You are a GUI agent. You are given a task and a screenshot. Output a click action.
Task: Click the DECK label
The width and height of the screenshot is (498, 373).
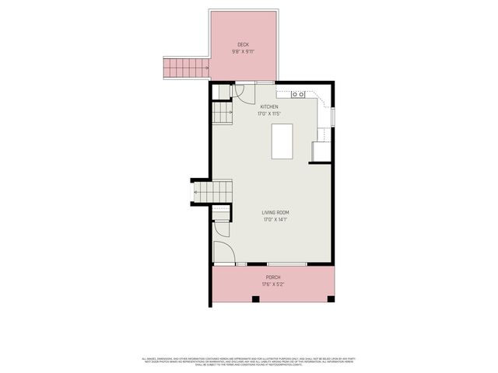click(243, 45)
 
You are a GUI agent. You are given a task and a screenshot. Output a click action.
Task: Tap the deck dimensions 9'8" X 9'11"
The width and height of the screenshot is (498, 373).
click(243, 52)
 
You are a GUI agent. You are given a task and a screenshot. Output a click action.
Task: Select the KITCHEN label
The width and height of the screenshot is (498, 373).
click(269, 107)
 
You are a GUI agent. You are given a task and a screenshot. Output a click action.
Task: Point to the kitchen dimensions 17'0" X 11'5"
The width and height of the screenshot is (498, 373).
click(269, 114)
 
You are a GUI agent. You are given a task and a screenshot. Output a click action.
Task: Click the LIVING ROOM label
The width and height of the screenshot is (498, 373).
click(275, 212)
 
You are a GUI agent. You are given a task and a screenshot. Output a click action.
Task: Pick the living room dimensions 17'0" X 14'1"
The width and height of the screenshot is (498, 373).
click(275, 219)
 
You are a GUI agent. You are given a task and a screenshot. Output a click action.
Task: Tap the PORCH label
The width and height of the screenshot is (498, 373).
click(273, 277)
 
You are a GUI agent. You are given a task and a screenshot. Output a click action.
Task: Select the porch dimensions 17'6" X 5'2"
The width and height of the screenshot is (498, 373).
click(273, 284)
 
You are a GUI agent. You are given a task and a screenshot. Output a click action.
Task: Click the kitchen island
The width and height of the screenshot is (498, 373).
click(282, 141)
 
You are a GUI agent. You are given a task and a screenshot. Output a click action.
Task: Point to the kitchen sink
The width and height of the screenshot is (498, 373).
click(299, 94)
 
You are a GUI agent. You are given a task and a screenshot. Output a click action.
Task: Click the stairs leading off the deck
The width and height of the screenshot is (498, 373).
click(185, 68)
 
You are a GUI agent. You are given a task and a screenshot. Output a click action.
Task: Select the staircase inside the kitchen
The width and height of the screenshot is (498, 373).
click(223, 115)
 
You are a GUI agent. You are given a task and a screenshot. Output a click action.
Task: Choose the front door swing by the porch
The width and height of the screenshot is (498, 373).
click(223, 252)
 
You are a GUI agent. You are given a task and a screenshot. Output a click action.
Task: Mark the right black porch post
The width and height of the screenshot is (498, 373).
click(331, 299)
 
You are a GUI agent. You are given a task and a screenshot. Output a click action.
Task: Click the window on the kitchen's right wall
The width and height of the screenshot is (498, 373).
click(333, 117)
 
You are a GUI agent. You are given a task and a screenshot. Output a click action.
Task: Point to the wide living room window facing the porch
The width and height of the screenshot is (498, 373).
click(287, 265)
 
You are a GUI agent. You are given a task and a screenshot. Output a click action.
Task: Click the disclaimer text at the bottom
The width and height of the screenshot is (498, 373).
click(249, 361)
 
